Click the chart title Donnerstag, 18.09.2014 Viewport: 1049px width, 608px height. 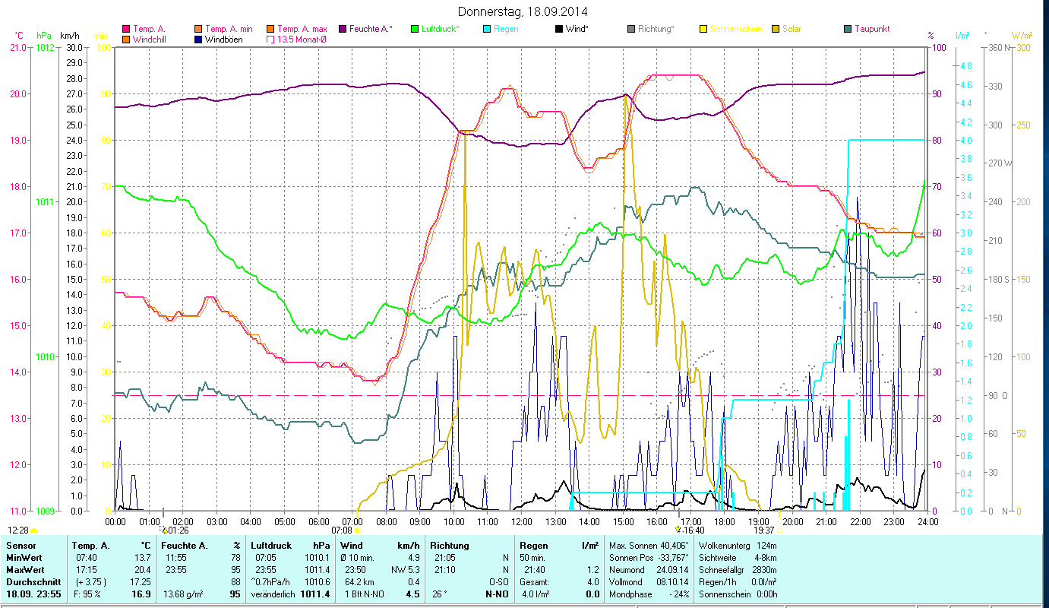point(523,11)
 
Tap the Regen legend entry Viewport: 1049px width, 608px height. point(507,29)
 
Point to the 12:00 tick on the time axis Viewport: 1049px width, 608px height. point(522,521)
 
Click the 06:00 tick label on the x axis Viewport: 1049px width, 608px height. point(319,521)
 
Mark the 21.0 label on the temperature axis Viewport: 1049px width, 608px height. point(17,47)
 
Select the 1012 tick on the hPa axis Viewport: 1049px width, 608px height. point(45,47)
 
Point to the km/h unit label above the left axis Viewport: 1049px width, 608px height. point(69,35)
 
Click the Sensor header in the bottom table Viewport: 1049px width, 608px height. point(21,546)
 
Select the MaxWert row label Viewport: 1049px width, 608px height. point(24,570)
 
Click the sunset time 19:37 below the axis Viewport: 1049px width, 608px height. point(763,530)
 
